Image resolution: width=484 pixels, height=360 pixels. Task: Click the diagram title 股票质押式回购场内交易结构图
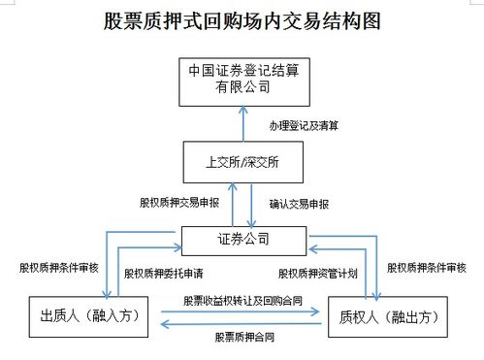click(242, 20)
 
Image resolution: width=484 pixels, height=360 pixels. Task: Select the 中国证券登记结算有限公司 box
click(242, 81)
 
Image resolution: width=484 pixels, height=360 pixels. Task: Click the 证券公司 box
click(243, 239)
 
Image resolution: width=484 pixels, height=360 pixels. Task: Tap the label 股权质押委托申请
click(162, 273)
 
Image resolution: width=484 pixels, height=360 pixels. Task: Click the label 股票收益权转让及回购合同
click(242, 300)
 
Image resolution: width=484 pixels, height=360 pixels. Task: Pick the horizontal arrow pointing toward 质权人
click(242, 311)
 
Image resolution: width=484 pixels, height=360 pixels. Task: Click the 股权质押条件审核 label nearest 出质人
click(58, 266)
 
